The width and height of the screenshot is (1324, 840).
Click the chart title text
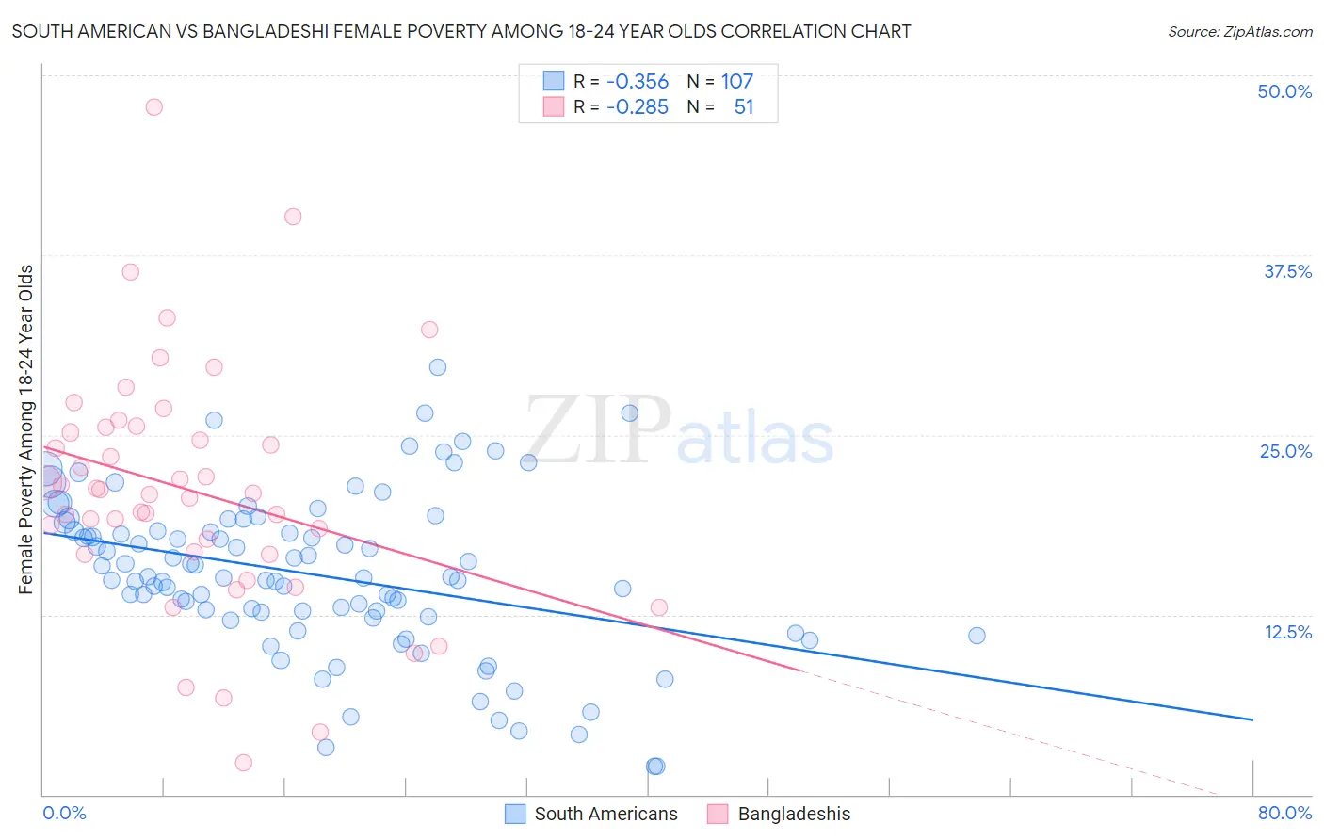460,31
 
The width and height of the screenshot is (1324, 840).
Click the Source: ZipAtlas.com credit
1239,31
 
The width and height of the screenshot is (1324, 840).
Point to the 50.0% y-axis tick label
1284,91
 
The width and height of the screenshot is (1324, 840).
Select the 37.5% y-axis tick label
1287,271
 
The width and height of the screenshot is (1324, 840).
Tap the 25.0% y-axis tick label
1285,451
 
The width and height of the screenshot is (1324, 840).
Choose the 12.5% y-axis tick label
1287,632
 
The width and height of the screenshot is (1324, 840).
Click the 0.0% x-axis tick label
64,813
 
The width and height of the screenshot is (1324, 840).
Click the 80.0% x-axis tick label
1284,813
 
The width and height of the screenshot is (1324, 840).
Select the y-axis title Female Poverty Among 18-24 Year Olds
26,429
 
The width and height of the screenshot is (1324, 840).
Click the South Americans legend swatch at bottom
515,814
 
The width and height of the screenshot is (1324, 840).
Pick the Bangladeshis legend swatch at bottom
719,814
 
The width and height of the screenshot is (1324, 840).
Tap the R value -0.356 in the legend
638,82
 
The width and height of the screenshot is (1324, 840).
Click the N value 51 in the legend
743,107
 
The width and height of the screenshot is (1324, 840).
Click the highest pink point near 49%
153,107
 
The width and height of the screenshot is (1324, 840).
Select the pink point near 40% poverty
293,217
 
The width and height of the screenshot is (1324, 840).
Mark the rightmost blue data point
977,636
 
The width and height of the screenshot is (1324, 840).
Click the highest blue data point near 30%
438,367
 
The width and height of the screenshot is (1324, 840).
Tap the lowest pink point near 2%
244,763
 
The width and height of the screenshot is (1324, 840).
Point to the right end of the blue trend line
1252,719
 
